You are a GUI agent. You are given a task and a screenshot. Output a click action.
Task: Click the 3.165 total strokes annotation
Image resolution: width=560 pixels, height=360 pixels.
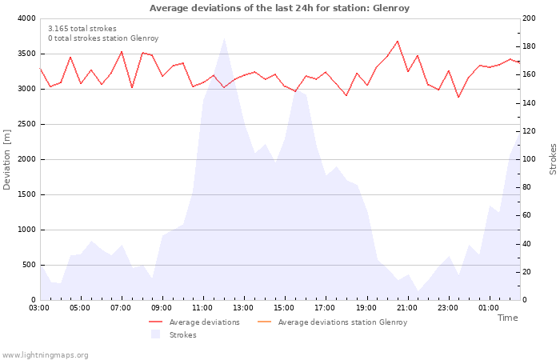click(82, 29)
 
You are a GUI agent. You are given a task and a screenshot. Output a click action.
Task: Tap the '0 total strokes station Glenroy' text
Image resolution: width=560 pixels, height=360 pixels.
click(102, 38)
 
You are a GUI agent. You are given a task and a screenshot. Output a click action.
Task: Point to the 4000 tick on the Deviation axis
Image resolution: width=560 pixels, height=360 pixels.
click(26, 18)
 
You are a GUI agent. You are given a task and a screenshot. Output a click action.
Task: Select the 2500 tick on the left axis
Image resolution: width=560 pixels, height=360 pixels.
click(26, 124)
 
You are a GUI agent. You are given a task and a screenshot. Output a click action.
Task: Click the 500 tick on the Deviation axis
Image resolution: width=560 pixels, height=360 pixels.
click(29, 265)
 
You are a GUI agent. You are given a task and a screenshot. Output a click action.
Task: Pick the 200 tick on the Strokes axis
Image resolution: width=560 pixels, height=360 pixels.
click(529, 18)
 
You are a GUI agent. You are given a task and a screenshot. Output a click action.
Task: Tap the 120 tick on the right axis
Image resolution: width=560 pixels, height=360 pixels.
click(529, 131)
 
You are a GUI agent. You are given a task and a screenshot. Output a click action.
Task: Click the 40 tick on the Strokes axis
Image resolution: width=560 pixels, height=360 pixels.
click(526, 244)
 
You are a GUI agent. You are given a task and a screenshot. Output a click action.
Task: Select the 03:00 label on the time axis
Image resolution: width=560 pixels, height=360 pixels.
click(39, 307)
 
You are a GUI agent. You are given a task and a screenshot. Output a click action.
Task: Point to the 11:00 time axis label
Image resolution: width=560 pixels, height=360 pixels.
click(202, 307)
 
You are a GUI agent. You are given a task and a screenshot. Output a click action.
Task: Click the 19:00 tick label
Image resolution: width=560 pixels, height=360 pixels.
click(366, 307)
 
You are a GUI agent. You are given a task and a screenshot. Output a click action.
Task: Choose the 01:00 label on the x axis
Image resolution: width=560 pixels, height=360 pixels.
click(488, 307)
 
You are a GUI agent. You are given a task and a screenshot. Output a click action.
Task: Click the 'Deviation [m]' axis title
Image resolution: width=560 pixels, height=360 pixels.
click(7, 159)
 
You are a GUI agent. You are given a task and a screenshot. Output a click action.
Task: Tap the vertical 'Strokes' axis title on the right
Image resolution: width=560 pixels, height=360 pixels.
click(553, 159)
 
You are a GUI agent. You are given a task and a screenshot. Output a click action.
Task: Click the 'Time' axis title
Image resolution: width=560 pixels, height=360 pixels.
click(507, 318)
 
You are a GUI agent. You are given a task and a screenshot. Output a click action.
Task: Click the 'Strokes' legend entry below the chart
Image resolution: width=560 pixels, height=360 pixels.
click(182, 335)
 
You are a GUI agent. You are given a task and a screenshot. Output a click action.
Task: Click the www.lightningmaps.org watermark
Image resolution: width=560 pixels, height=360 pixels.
click(45, 354)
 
